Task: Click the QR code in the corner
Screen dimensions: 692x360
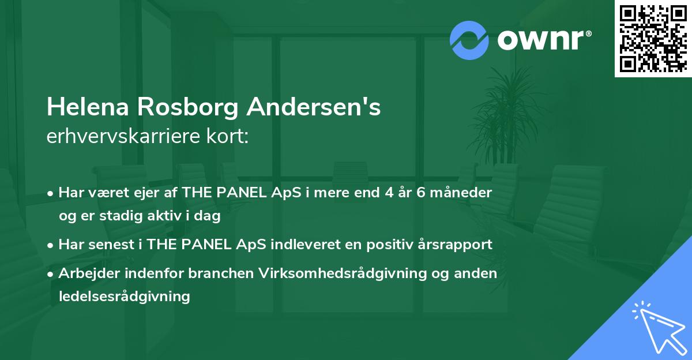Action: (653, 38)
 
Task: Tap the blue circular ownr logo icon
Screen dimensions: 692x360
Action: (469, 40)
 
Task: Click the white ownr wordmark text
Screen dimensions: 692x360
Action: (544, 40)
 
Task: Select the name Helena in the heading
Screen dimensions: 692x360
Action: (88, 107)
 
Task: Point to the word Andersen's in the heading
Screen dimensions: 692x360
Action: (314, 107)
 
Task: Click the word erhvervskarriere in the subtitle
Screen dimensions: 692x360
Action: (123, 136)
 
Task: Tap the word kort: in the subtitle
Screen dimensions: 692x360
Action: (227, 136)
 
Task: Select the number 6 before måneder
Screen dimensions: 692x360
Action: (421, 193)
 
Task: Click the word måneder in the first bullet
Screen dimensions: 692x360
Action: (461, 193)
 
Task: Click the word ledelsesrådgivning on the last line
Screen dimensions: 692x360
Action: (124, 297)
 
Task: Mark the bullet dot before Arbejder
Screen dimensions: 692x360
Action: (50, 274)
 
